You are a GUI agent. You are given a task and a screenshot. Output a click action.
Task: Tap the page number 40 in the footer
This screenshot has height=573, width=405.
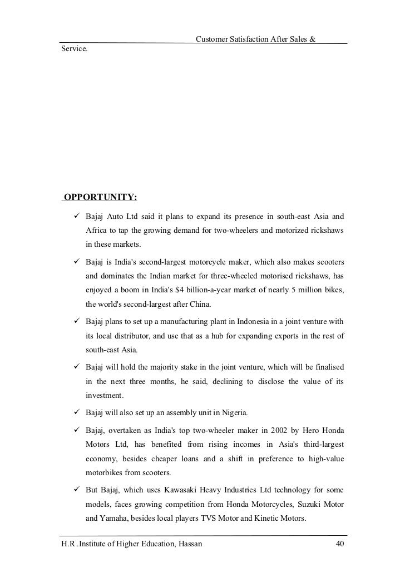(x=340, y=544)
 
